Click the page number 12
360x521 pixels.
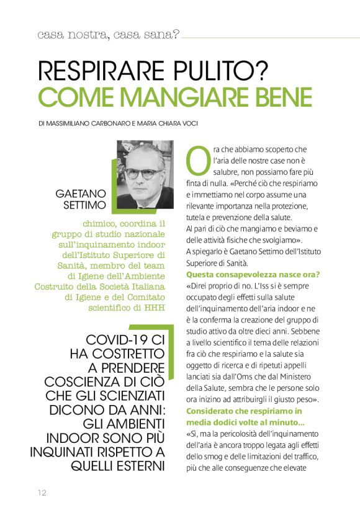click(x=41, y=492)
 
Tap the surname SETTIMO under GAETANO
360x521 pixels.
click(x=86, y=205)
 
